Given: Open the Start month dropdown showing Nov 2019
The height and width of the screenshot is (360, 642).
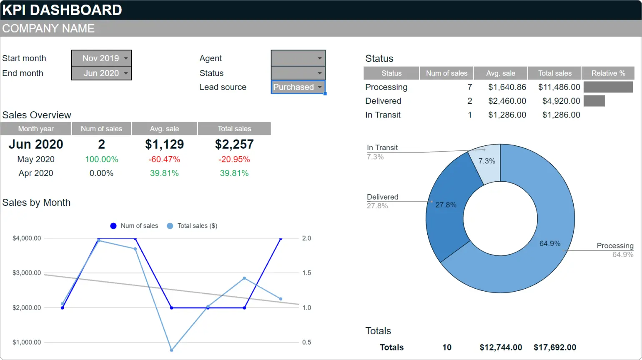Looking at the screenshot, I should [101, 58].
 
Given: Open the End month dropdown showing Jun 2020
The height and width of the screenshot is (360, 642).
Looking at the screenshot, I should [101, 73].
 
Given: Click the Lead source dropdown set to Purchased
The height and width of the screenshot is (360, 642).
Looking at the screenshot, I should [298, 87].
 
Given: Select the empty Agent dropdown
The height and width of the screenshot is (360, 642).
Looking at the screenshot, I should [298, 58].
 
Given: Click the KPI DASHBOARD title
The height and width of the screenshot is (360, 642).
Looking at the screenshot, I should [62, 10].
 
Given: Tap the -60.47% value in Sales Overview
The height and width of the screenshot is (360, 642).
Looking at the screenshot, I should [164, 160].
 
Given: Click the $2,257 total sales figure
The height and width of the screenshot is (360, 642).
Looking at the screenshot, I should [234, 145].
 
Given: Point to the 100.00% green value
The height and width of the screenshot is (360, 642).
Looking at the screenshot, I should [101, 160].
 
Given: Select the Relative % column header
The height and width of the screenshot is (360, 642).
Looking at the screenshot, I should [608, 73].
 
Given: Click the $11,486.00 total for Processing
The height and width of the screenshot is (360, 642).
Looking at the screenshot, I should [559, 87].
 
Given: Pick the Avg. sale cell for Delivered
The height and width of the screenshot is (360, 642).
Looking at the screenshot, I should [507, 101].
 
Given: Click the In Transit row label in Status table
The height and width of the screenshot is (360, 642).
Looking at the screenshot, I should [383, 115].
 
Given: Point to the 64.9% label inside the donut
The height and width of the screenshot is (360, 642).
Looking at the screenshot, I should [549, 244].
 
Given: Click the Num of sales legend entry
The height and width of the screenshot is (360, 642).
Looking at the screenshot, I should [135, 226].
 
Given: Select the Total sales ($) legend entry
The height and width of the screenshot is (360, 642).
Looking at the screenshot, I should [192, 226].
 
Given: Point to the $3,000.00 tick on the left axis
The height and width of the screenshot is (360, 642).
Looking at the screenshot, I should [27, 273].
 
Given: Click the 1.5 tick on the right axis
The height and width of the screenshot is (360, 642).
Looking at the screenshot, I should [306, 273].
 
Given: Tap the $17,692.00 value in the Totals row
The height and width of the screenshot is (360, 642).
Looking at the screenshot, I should [554, 347].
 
